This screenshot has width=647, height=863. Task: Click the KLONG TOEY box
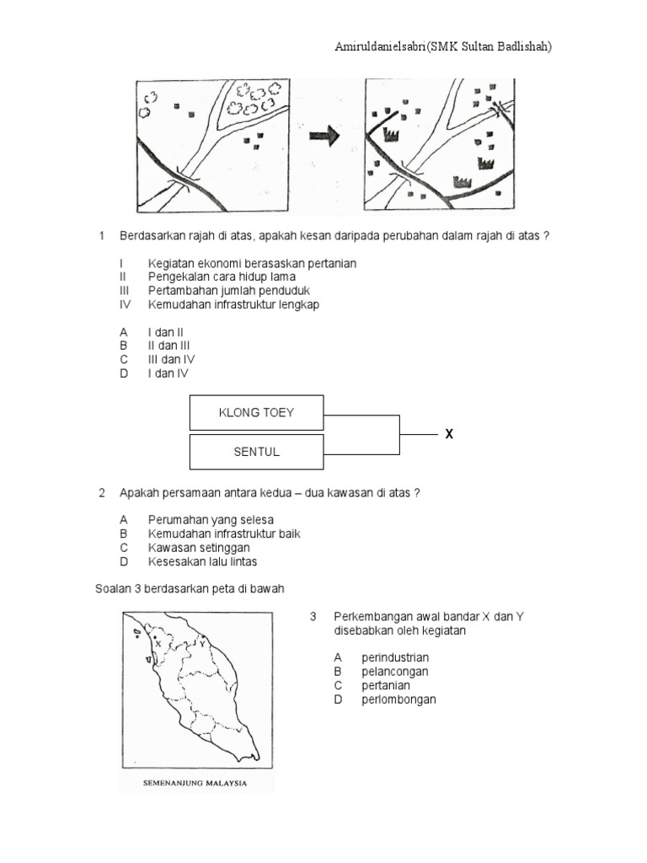(256, 413)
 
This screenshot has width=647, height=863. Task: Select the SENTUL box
(256, 452)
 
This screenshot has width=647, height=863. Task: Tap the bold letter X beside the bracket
(449, 434)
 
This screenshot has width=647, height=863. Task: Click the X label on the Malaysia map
(158, 643)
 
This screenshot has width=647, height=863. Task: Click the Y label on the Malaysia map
(202, 643)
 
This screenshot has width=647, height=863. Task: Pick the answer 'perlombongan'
(398, 699)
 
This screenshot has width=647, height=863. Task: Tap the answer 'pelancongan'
(394, 672)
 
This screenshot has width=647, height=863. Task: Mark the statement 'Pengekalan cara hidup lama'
(222, 276)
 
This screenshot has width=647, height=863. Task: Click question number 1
(102, 236)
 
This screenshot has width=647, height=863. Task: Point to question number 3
(313, 616)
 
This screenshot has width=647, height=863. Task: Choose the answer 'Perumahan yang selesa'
(211, 520)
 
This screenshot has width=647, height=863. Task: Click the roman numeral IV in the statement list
(126, 304)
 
